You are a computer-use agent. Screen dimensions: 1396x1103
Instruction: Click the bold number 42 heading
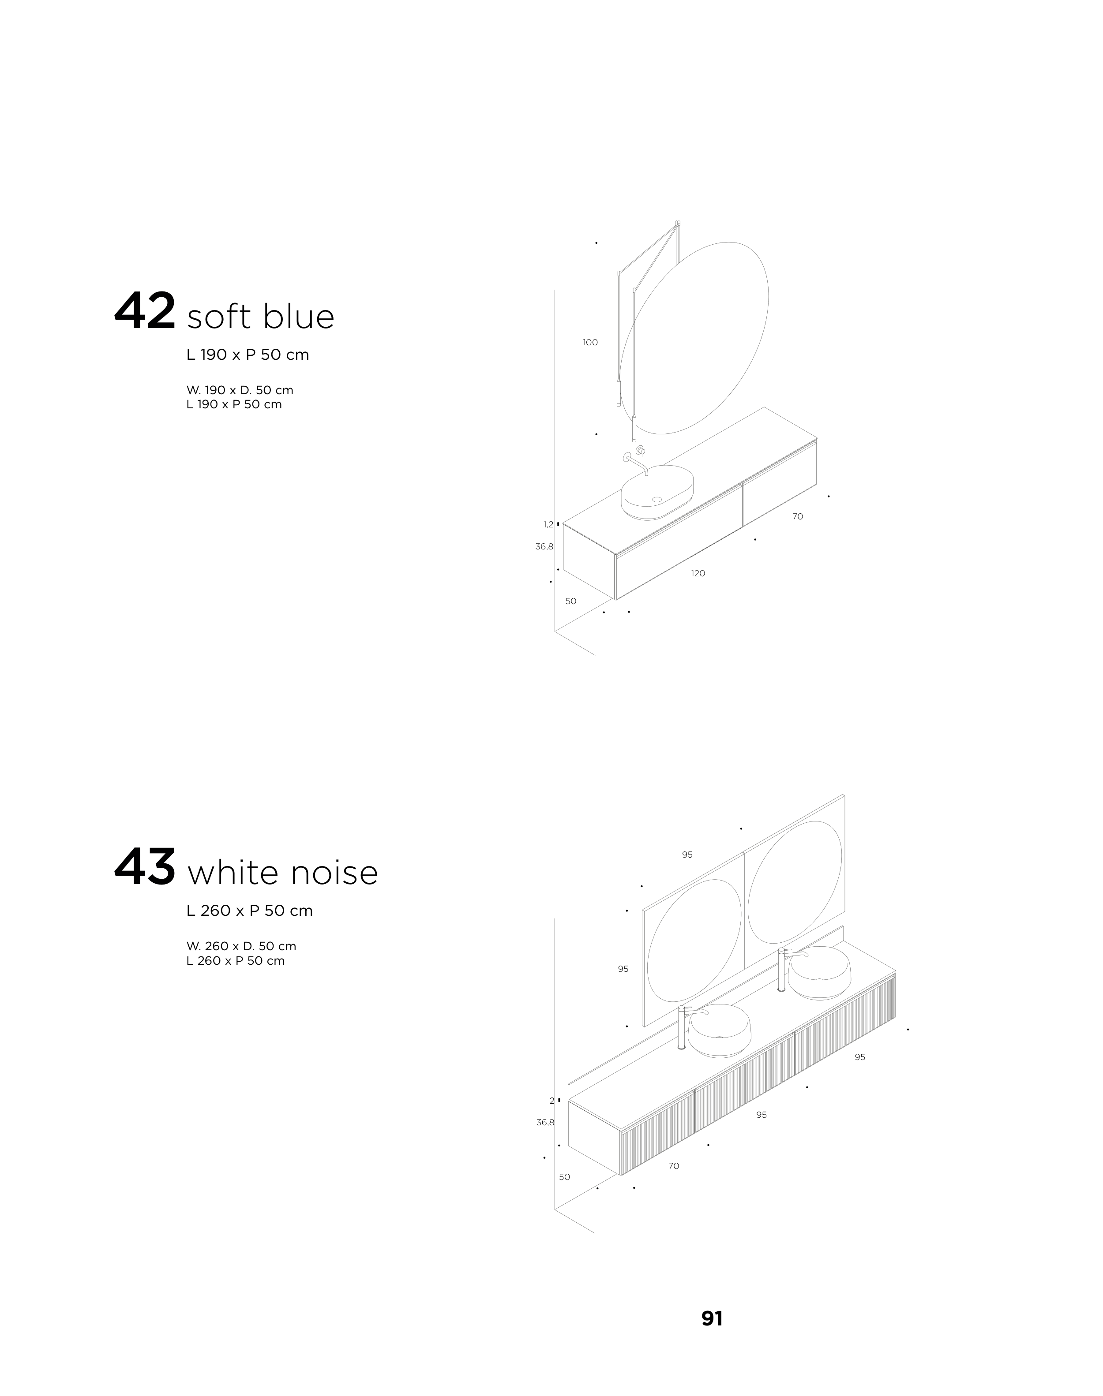coord(145,312)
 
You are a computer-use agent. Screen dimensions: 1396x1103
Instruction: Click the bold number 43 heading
coord(145,867)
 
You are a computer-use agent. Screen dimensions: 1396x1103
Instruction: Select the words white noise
coord(282,873)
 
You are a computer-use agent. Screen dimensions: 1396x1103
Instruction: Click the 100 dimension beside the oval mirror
coord(590,343)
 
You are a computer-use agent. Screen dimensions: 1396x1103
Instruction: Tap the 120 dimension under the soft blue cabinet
coord(698,574)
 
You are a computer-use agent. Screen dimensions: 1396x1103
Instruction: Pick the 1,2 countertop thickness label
coord(548,524)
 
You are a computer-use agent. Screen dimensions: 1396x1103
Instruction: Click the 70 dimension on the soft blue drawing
coord(798,516)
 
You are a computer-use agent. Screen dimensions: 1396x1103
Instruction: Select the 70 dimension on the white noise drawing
coord(674,1166)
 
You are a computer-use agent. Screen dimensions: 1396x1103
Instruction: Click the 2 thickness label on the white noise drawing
coord(552,1101)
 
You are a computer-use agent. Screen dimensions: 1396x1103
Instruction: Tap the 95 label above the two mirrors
coord(687,855)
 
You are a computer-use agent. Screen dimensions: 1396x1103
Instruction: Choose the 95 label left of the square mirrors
coord(623,969)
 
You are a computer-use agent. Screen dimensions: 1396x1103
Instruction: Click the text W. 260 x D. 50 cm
coord(241,946)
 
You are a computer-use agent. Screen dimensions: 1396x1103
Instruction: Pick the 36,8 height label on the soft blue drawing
coord(544,547)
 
